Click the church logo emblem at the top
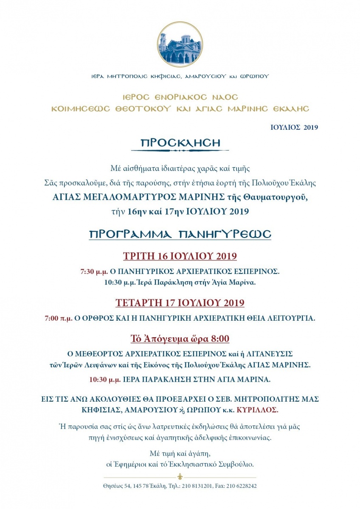(x=180, y=44)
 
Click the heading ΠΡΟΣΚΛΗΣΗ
(x=180, y=143)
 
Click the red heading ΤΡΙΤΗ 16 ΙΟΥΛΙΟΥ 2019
(x=180, y=256)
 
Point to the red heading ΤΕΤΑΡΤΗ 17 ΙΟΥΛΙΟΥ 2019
(x=180, y=303)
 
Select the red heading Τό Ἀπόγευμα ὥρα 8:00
(x=180, y=338)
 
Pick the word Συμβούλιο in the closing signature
(x=238, y=464)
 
